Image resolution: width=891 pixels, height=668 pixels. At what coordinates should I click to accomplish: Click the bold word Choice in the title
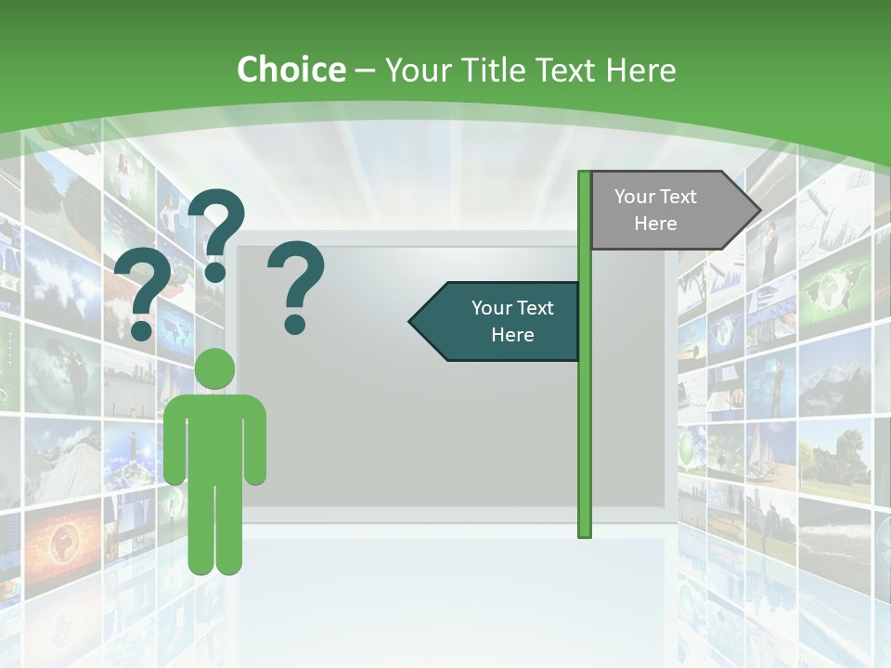[291, 70]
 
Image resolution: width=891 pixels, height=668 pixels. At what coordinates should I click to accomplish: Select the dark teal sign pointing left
[501, 321]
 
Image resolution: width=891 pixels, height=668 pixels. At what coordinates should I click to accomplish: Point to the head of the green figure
[214, 368]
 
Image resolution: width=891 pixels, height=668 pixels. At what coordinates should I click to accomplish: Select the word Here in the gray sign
[655, 224]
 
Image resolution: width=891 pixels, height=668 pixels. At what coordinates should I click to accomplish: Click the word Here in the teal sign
[512, 335]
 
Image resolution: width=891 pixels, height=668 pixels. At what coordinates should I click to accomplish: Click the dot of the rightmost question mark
[295, 324]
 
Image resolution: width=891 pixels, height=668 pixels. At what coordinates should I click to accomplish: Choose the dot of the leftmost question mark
[142, 329]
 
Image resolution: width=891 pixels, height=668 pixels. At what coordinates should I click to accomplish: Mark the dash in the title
[365, 71]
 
